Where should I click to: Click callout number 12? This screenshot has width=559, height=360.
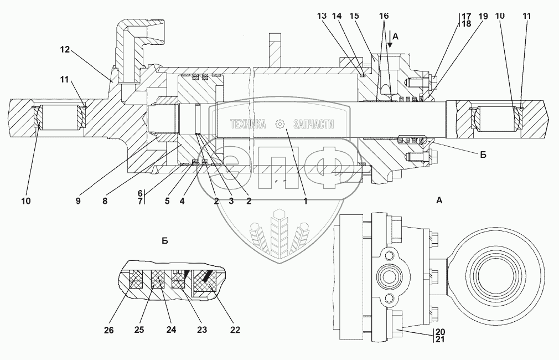tap(65, 50)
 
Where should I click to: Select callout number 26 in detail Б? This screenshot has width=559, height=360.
tap(108, 330)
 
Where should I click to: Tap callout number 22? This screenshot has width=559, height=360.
tap(235, 330)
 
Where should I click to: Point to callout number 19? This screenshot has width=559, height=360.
tap(483, 17)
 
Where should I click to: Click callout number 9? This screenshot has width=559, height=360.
tap(78, 202)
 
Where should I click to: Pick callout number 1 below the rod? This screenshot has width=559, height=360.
tap(304, 202)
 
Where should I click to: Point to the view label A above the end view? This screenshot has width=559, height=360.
tap(439, 201)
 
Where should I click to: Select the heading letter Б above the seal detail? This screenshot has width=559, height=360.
tap(164, 241)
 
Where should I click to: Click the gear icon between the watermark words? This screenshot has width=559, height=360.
tap(280, 124)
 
